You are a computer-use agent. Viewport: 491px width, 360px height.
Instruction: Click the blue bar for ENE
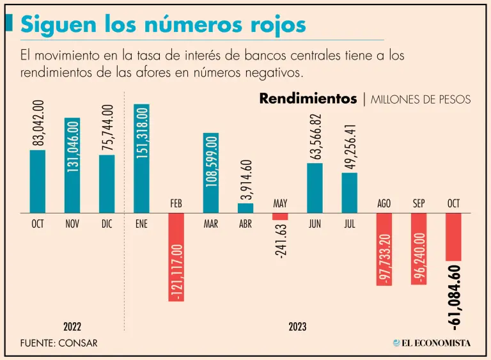(x=141, y=158)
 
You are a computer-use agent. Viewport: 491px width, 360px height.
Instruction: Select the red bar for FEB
(x=176, y=256)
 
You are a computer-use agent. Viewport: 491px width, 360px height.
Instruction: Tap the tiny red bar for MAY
(x=280, y=216)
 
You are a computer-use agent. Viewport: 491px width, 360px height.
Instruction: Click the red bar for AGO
(x=384, y=249)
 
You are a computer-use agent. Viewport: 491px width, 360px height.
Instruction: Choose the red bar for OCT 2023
(x=453, y=237)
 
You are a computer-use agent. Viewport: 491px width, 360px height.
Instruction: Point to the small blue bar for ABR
(x=245, y=208)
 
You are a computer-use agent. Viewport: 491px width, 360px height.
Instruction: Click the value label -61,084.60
(x=455, y=297)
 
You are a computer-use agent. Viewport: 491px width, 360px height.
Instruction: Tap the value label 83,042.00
(x=38, y=123)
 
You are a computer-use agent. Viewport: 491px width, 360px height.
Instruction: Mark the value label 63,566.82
(x=315, y=137)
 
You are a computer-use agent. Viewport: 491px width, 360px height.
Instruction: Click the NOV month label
(x=72, y=224)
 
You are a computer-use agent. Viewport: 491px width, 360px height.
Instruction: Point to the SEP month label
(x=419, y=203)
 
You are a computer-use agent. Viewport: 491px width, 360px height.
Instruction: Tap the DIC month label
(x=107, y=224)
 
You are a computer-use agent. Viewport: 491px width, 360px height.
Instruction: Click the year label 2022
(x=72, y=327)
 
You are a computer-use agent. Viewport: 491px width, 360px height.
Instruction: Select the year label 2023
(x=297, y=327)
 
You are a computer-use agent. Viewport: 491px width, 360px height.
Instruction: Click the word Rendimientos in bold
(x=308, y=99)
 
